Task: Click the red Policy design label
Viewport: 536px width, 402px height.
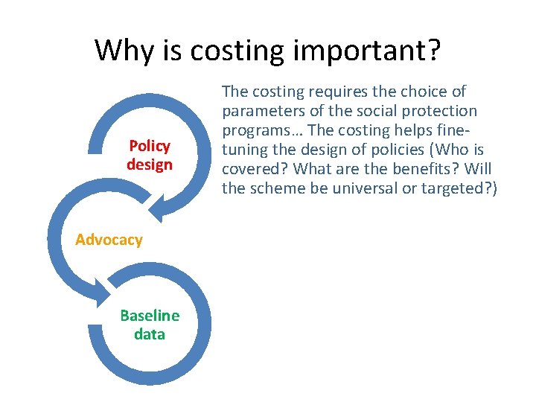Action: [149, 155]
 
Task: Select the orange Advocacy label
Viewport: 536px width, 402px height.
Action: [109, 240]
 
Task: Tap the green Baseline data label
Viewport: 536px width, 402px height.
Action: [149, 325]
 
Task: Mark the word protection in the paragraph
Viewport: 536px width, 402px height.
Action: [440, 111]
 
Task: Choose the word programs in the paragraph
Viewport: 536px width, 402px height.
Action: [255, 130]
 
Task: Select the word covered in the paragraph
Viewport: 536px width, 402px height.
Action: [250, 169]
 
